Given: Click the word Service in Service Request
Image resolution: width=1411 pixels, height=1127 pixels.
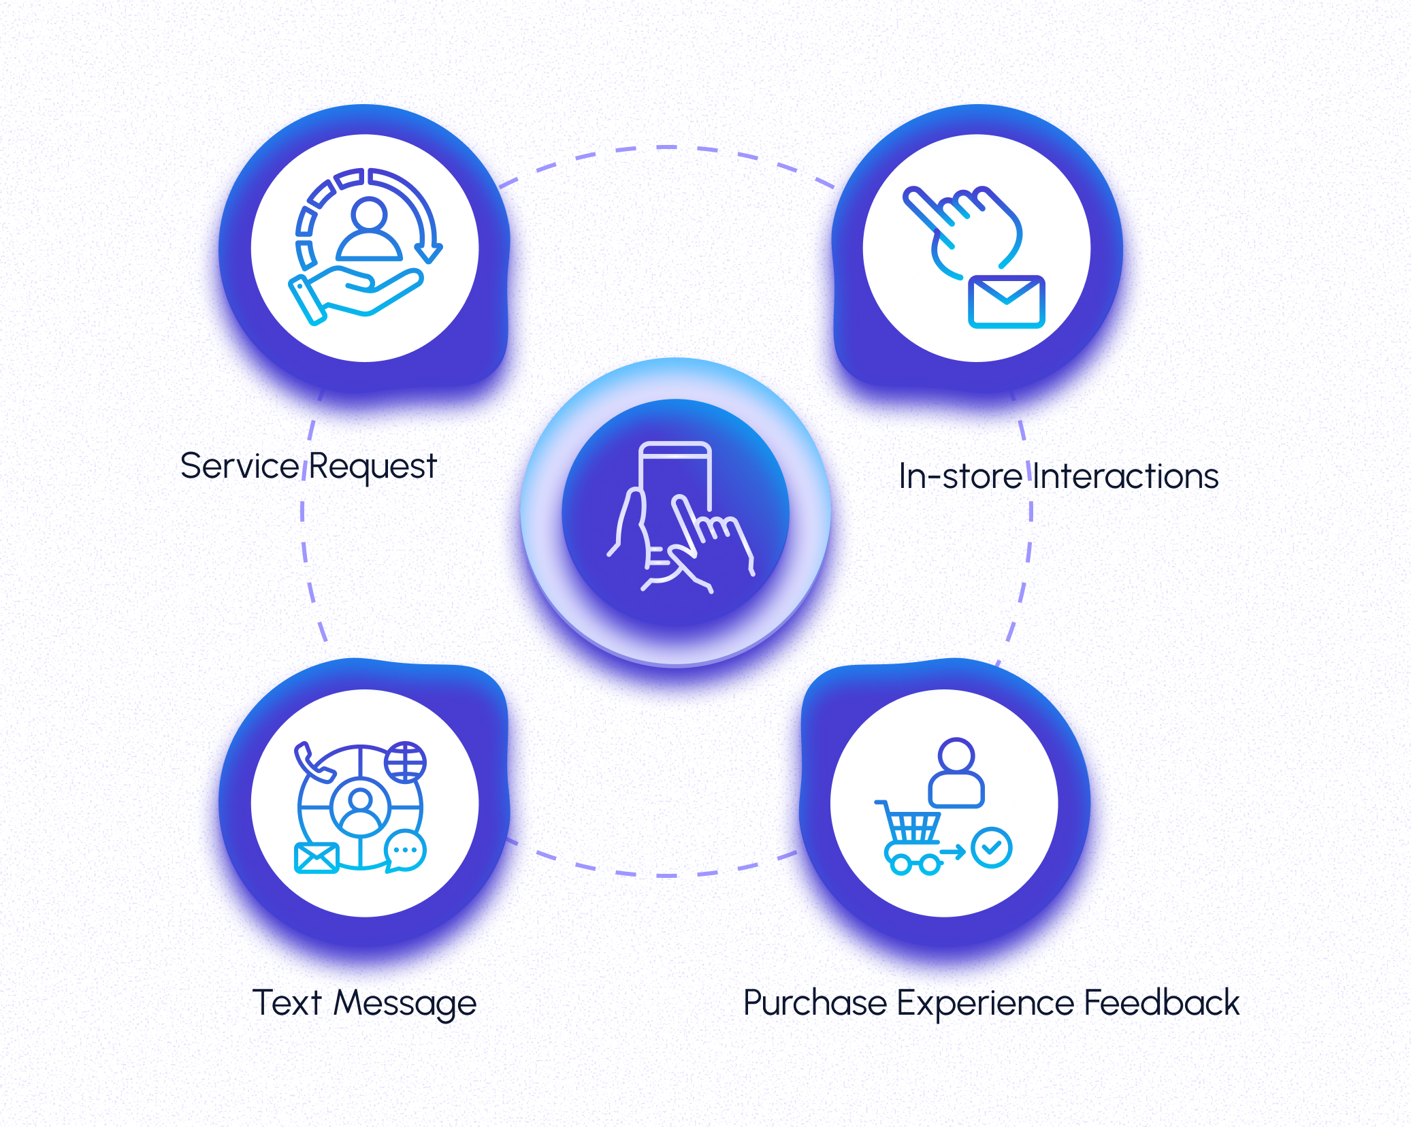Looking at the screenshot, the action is (x=239, y=467).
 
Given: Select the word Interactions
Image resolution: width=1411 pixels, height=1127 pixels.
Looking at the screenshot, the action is (x=1126, y=476).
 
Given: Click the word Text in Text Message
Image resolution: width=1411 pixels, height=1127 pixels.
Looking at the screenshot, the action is (x=287, y=1002).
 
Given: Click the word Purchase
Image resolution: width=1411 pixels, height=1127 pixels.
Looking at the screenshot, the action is (x=815, y=1004).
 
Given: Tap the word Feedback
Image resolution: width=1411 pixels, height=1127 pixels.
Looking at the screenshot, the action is (x=1161, y=1002).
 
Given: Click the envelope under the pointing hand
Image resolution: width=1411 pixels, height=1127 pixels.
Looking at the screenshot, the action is (x=1006, y=301).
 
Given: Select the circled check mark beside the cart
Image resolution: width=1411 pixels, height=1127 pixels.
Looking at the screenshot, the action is (x=992, y=847).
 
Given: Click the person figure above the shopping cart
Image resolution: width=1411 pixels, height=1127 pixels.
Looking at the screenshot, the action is (x=956, y=773).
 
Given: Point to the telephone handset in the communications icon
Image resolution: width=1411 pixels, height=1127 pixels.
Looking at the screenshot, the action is (x=311, y=762).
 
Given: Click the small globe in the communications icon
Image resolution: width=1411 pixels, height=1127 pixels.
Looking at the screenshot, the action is (x=406, y=762).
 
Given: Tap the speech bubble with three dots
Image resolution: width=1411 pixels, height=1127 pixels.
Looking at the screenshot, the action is (x=406, y=851).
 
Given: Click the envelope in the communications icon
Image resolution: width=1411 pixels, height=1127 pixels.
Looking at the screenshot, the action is (x=317, y=857).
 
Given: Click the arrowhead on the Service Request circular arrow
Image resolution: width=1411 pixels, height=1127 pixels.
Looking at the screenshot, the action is (x=429, y=253).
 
